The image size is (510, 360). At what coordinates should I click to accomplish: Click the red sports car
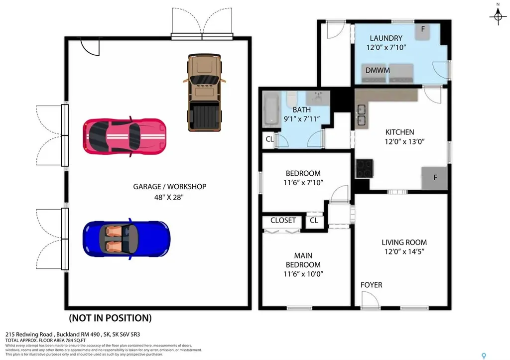tap(125, 136)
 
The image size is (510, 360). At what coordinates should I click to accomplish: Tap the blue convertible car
tap(127, 239)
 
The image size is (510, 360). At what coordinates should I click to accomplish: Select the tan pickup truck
tap(204, 93)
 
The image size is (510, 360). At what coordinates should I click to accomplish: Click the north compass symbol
tap(497, 17)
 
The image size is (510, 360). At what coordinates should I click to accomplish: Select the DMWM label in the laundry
tap(378, 71)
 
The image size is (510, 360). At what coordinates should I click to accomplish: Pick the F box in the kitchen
tap(434, 178)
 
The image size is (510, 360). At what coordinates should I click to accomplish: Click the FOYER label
tap(372, 285)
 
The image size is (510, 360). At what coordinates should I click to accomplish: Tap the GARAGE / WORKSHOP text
tap(169, 187)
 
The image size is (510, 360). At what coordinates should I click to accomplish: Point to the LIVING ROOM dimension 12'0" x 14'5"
tap(404, 251)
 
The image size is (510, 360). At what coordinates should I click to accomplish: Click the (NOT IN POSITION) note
tap(110, 318)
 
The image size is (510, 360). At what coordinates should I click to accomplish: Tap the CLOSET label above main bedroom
tap(283, 220)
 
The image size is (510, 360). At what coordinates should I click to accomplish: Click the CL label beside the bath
tap(269, 139)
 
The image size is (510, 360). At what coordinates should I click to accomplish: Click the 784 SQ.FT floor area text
tap(65, 341)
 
